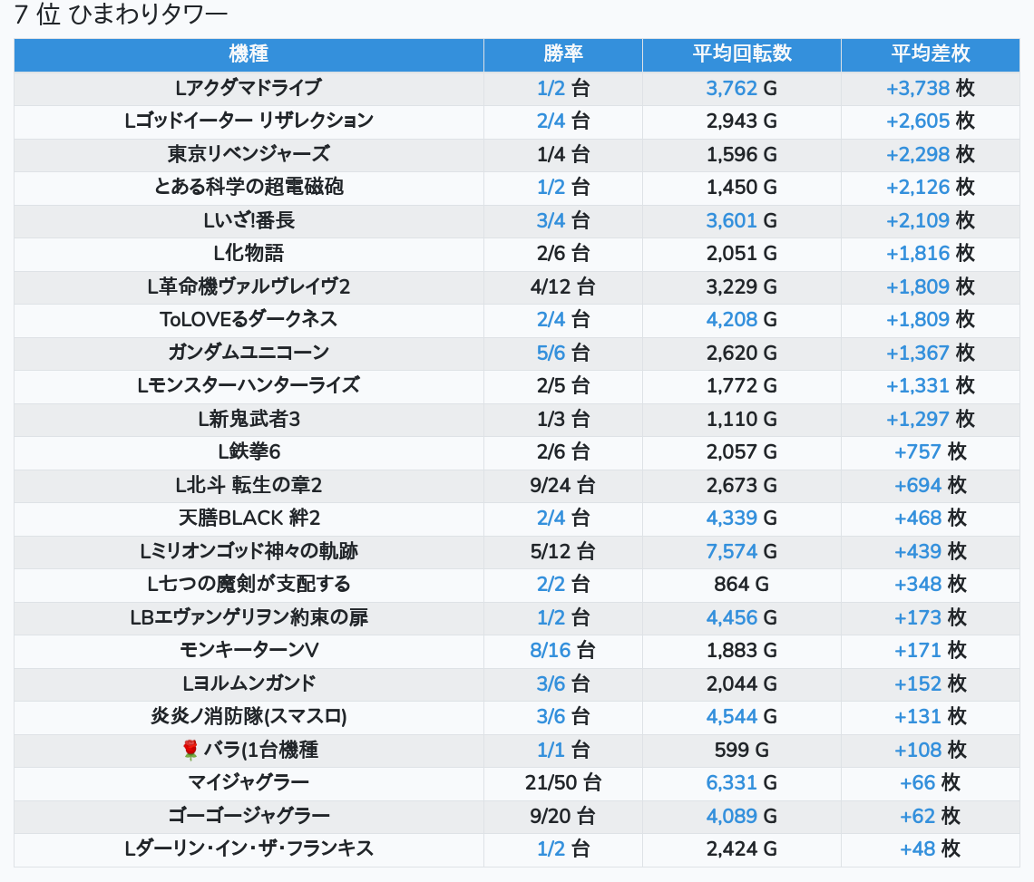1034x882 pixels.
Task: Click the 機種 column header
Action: [249, 54]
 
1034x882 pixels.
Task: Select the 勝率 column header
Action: [563, 54]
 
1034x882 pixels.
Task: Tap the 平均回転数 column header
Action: [742, 54]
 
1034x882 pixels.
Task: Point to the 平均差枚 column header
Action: [931, 54]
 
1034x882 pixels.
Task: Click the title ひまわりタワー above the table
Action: [148, 15]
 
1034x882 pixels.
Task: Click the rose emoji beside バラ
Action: [190, 750]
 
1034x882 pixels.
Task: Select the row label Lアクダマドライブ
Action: [249, 88]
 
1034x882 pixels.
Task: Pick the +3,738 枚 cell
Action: [931, 88]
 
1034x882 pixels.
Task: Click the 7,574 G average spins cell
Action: [742, 551]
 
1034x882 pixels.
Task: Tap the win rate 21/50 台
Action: [563, 782]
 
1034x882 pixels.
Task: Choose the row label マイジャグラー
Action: [249, 782]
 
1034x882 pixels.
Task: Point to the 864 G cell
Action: [742, 584]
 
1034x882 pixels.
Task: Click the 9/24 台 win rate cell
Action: [563, 485]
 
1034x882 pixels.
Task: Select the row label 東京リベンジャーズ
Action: [249, 154]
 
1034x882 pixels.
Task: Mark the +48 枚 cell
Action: [931, 848]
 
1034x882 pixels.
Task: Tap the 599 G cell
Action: [742, 750]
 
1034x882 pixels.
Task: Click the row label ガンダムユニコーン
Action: [249, 353]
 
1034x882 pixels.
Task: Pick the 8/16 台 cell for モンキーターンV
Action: [563, 651]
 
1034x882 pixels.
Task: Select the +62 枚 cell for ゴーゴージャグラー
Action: [931, 816]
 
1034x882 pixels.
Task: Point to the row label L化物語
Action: [249, 253]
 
